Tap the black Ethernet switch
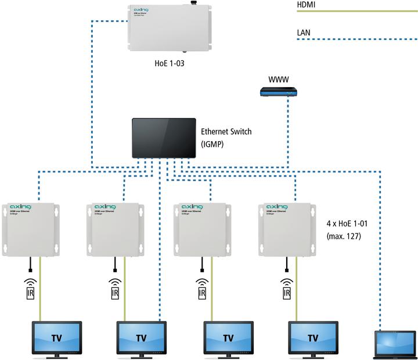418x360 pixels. tap(164, 137)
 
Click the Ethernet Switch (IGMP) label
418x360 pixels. tap(226, 137)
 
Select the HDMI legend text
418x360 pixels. tap(306, 5)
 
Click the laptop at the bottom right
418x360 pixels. tap(395, 343)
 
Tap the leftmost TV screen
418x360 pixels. tap(56, 337)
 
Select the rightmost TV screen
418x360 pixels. tap(313, 337)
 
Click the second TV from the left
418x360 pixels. tap(141, 337)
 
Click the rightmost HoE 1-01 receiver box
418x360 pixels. tap(286, 229)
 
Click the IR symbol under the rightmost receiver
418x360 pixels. tap(286, 289)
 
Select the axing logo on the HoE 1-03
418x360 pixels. tap(143, 10)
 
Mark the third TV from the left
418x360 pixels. tap(228, 337)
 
